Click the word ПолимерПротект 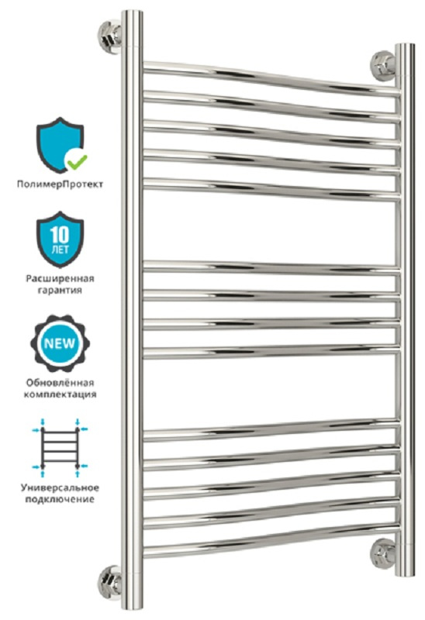[x=60, y=184]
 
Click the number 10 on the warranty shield [x=60, y=235]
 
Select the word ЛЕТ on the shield [x=60, y=250]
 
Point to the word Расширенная [x=60, y=278]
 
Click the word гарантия [x=60, y=290]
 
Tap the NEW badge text [x=60, y=343]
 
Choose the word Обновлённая [x=60, y=383]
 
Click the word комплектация [x=60, y=394]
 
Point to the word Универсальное [x=60, y=487]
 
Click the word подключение [x=60, y=499]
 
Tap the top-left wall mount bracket [x=109, y=36]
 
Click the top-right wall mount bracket [x=383, y=66]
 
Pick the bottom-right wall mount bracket [x=383, y=553]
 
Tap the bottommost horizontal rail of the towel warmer [x=271, y=540]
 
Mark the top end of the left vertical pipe [x=132, y=12]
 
